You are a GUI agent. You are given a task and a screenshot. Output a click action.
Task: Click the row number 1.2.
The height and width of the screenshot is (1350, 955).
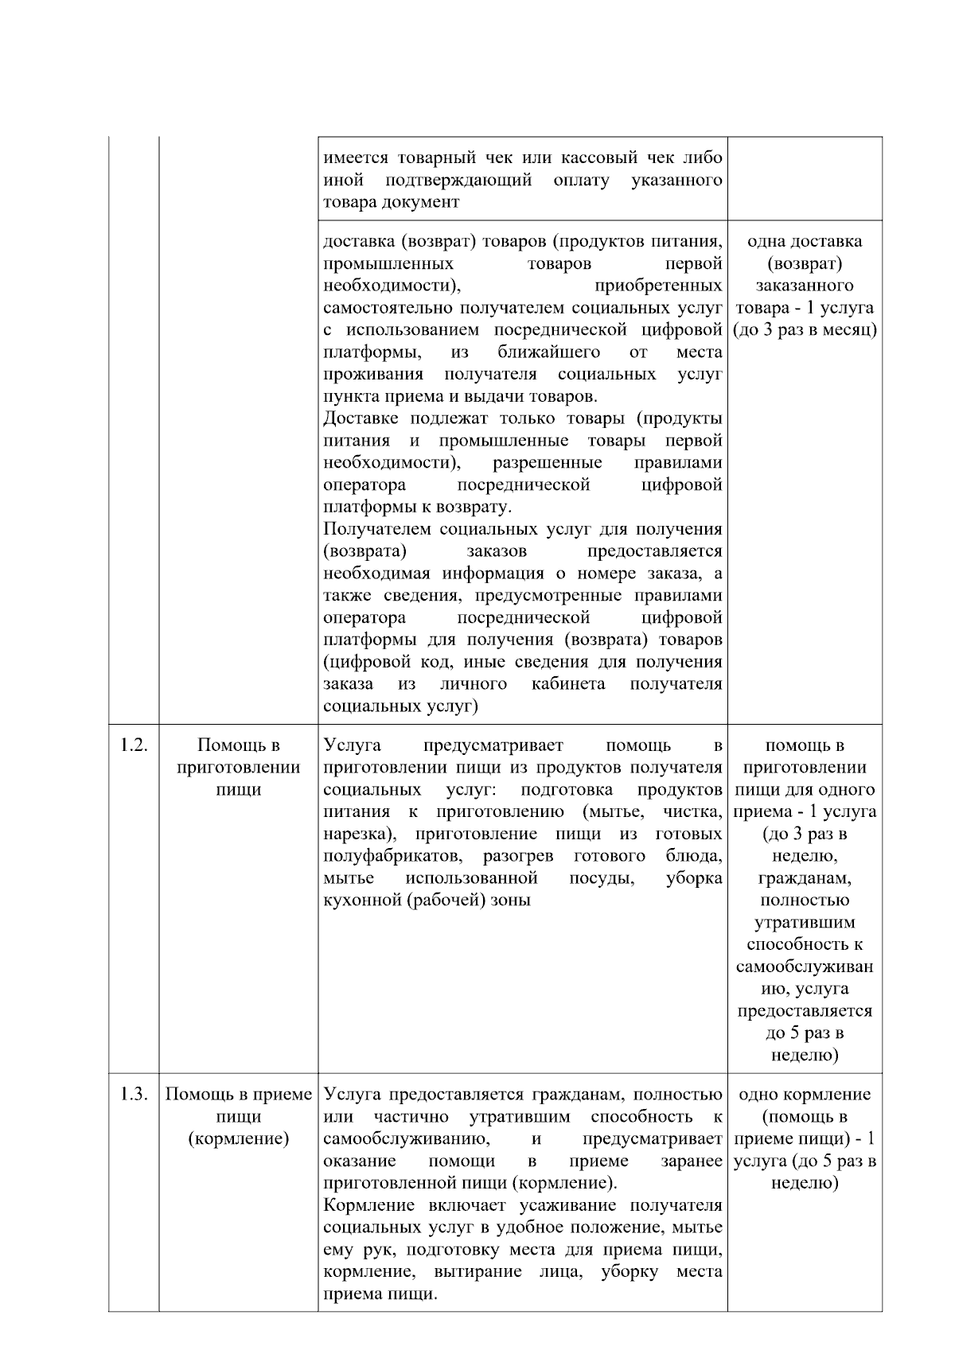(134, 745)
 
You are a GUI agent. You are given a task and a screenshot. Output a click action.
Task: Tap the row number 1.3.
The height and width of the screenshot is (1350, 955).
(134, 1094)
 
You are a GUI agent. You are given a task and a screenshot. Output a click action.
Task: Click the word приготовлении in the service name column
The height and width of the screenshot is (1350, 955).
(238, 768)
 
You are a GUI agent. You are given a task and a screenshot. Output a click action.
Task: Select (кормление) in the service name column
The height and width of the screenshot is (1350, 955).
(238, 1138)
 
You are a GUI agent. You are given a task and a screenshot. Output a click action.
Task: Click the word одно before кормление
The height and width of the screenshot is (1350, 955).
(756, 1094)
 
